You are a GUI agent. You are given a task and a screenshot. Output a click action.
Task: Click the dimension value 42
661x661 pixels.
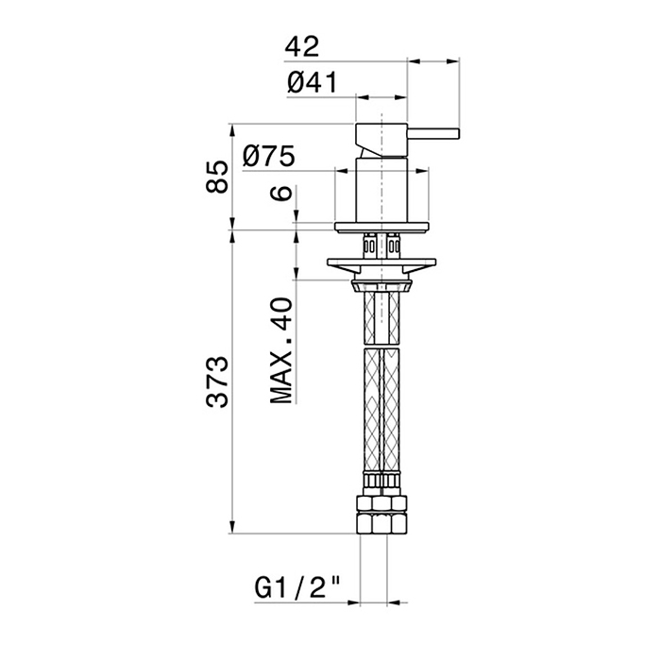pos(302,46)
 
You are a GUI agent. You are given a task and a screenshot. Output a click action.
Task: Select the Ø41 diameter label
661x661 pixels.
pos(312,82)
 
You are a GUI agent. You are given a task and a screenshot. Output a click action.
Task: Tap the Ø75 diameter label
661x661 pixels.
pos(268,156)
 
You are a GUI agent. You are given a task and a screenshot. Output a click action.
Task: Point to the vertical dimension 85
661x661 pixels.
pos(217,177)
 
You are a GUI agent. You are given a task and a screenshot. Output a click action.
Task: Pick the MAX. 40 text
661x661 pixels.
pos(280,350)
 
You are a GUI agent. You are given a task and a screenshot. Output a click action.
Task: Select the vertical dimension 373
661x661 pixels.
pos(217,381)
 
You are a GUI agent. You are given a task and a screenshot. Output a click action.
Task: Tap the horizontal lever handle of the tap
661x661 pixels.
pos(432,133)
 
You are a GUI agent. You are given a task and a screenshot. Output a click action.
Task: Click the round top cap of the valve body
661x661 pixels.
pos(381,141)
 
